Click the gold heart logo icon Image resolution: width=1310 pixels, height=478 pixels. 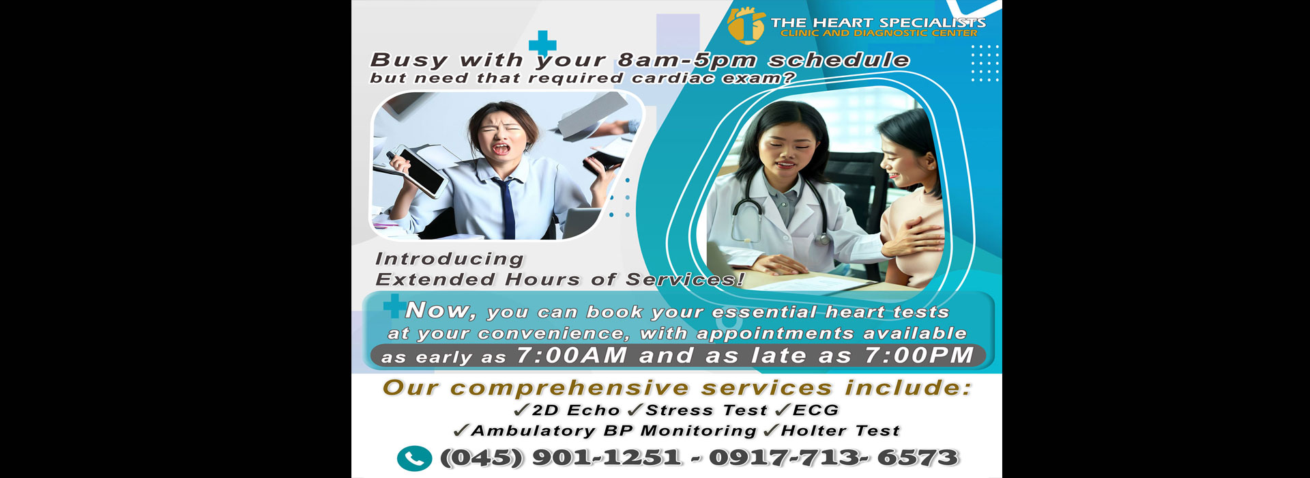[x=745, y=25]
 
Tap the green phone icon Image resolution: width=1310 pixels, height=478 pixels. [x=414, y=459]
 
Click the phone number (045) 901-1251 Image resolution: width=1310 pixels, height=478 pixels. [x=561, y=458]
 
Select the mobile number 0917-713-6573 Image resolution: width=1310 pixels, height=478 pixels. [x=834, y=458]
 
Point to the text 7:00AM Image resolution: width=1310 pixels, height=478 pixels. [x=572, y=356]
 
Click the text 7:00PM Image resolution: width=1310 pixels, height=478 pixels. [x=919, y=356]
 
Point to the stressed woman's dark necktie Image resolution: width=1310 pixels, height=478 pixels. [x=507, y=208]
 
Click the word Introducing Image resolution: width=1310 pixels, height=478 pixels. [x=450, y=259]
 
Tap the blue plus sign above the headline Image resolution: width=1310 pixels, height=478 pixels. [x=542, y=44]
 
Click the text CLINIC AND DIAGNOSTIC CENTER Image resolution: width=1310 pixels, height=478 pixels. [x=879, y=33]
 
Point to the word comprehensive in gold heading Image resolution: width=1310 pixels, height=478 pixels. [x=570, y=389]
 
